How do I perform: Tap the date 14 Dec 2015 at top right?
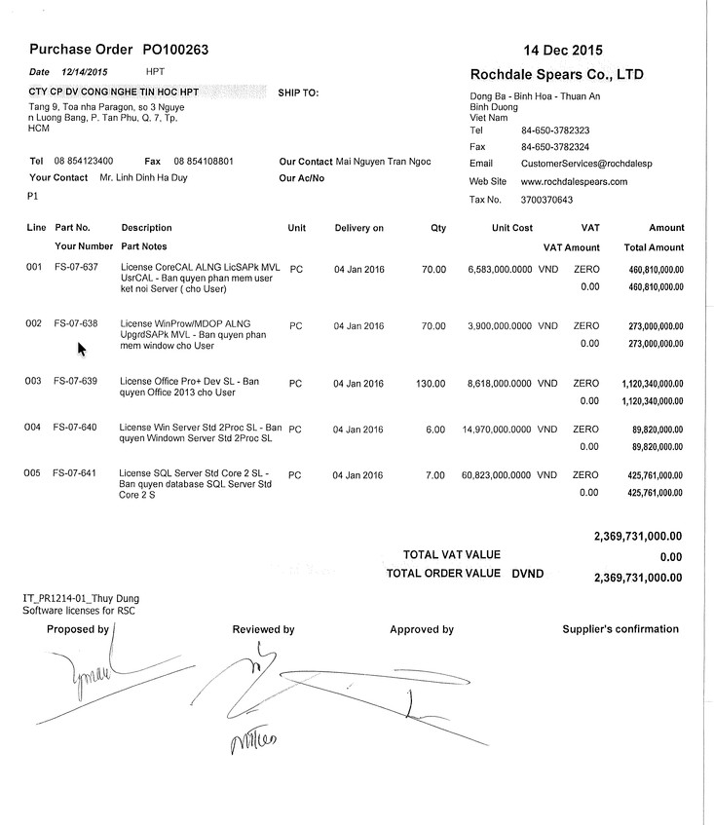(x=562, y=50)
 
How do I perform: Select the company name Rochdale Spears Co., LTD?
(x=556, y=74)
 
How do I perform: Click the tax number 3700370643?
(x=547, y=200)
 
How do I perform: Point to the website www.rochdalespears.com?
(x=574, y=181)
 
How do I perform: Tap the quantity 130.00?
(x=431, y=383)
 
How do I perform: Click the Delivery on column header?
(x=358, y=228)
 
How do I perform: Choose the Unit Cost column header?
(x=512, y=228)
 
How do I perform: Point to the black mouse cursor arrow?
(x=82, y=349)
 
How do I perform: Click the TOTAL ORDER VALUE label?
(x=443, y=574)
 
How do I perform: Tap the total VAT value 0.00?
(x=670, y=557)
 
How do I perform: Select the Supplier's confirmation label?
(x=620, y=629)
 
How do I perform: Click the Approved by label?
(x=422, y=630)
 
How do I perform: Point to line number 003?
(x=34, y=383)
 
